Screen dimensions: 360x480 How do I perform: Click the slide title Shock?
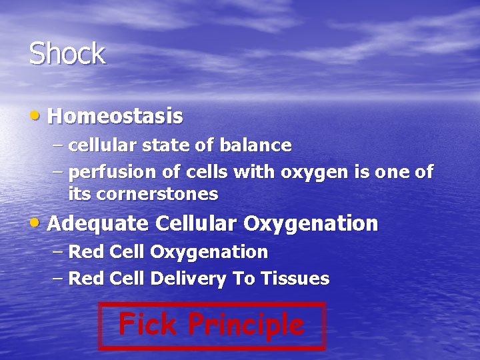[x=67, y=54]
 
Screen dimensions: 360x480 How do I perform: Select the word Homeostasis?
[x=115, y=116]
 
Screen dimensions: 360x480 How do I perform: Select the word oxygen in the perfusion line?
[x=313, y=172]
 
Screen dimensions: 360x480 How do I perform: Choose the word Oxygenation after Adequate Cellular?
[x=311, y=223]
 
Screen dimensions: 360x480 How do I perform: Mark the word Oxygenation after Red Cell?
[x=209, y=252]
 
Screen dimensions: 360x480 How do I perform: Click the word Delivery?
[x=188, y=279]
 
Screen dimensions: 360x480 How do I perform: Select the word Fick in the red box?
[x=148, y=325]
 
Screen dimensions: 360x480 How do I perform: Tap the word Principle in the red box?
[x=245, y=325]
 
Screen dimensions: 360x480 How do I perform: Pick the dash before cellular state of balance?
[x=57, y=145]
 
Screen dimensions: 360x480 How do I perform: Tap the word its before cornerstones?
[x=79, y=194]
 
